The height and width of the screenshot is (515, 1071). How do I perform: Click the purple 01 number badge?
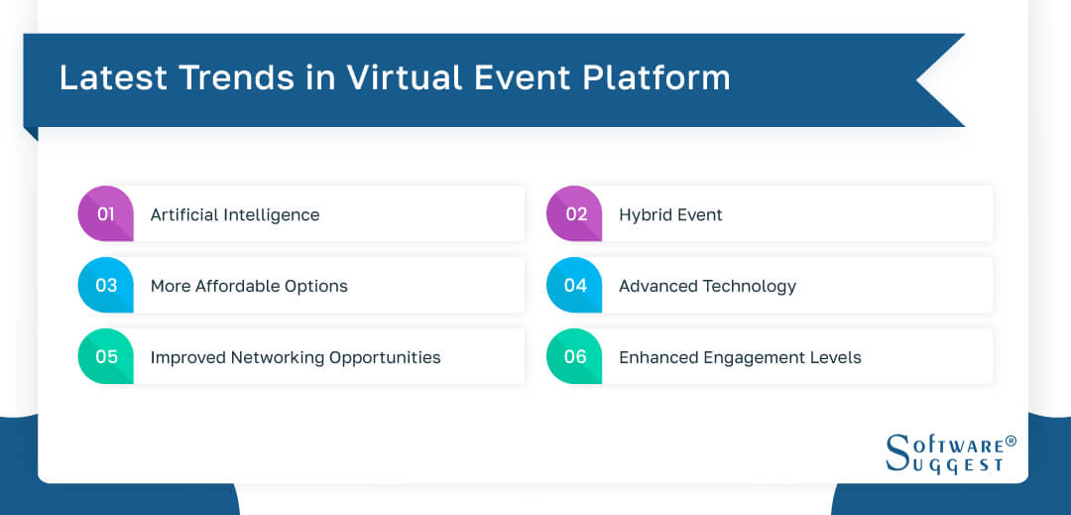[105, 214]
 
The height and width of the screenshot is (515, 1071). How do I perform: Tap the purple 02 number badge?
[574, 214]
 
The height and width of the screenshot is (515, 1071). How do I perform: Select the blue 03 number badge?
[105, 286]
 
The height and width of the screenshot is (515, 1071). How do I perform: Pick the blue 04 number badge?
[574, 286]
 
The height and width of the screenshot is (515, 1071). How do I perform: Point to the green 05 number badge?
[105, 357]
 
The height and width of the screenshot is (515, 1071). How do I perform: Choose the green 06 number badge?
[574, 357]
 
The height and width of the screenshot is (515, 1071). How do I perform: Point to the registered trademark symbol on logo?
[1011, 441]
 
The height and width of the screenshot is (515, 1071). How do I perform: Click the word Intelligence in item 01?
[274, 215]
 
